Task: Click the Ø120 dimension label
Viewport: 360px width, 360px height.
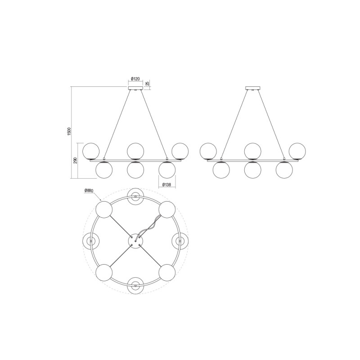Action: click(135, 79)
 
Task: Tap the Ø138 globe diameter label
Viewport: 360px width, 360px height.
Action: click(167, 184)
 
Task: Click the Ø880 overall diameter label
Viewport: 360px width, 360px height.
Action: click(89, 191)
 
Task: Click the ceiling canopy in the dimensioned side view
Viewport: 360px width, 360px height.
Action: click(135, 88)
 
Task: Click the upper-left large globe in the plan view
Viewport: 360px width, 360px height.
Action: click(104, 210)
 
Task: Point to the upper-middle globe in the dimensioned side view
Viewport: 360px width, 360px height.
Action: click(135, 150)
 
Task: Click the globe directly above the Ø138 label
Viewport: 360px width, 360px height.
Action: click(167, 169)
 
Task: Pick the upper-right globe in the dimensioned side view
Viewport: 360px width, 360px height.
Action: click(180, 150)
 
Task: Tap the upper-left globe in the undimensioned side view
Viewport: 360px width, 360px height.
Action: click(208, 150)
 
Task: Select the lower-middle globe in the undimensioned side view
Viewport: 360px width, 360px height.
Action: click(252, 169)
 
